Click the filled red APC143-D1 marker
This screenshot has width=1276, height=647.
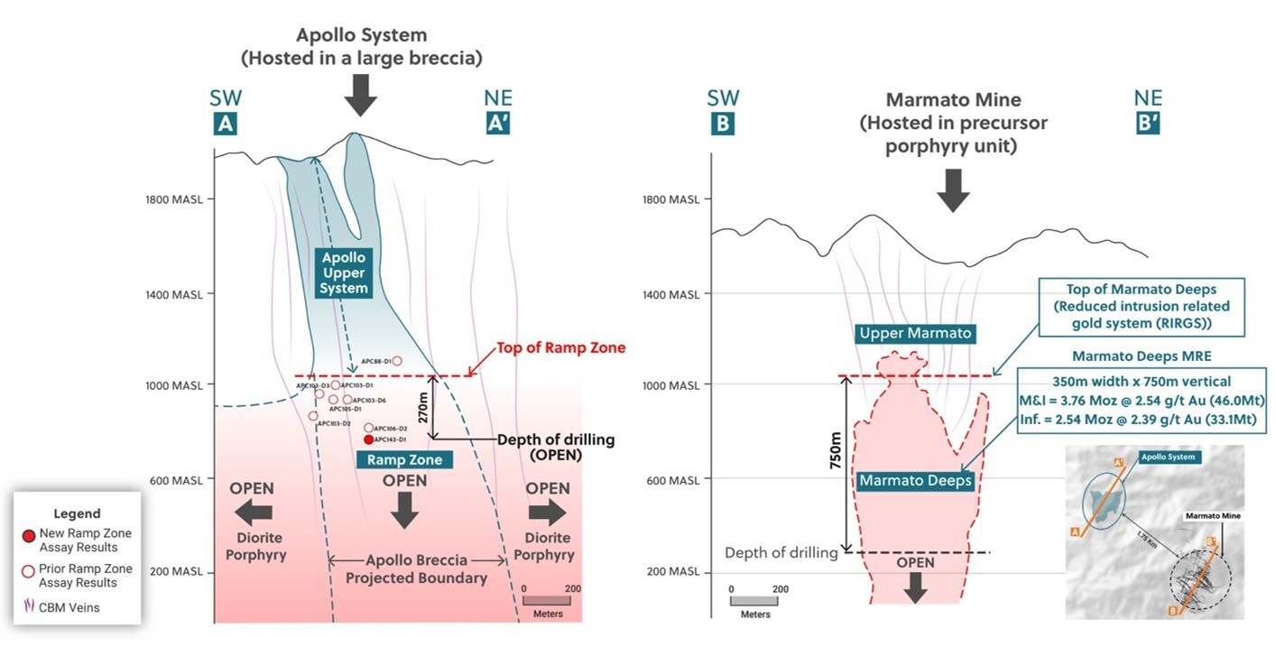368,439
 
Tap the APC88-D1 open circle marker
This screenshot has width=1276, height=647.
397,361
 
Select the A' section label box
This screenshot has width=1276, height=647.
495,125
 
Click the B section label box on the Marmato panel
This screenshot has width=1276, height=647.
723,125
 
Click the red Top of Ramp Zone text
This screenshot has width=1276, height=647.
561,348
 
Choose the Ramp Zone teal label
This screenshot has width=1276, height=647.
405,460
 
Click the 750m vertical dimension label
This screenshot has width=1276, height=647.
834,463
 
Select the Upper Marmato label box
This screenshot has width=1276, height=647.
916,334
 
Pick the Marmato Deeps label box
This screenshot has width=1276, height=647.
916,481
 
